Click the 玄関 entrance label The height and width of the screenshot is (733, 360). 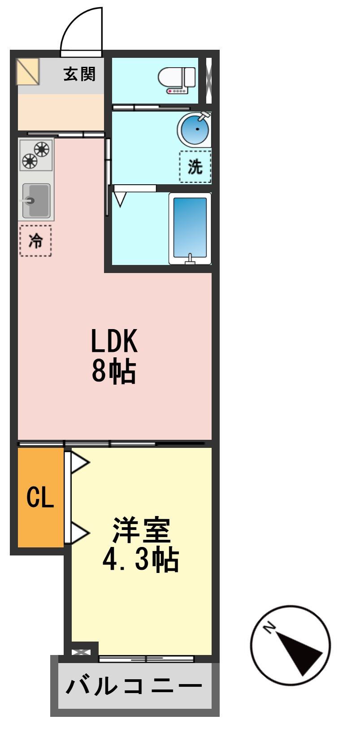[79, 74]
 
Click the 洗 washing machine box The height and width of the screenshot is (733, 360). [195, 167]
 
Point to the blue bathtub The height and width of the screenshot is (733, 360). [190, 228]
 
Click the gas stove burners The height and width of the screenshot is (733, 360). [36, 155]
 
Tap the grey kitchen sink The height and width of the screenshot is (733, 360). [36, 200]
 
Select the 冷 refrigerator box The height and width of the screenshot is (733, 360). [35, 241]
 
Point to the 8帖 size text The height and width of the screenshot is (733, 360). [114, 371]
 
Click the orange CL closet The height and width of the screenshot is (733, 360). [40, 497]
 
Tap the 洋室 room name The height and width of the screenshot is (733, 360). [141, 530]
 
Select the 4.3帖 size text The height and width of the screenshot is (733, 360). [141, 559]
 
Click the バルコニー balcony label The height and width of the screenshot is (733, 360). [134, 686]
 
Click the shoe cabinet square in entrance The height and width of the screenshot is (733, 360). [28, 71]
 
